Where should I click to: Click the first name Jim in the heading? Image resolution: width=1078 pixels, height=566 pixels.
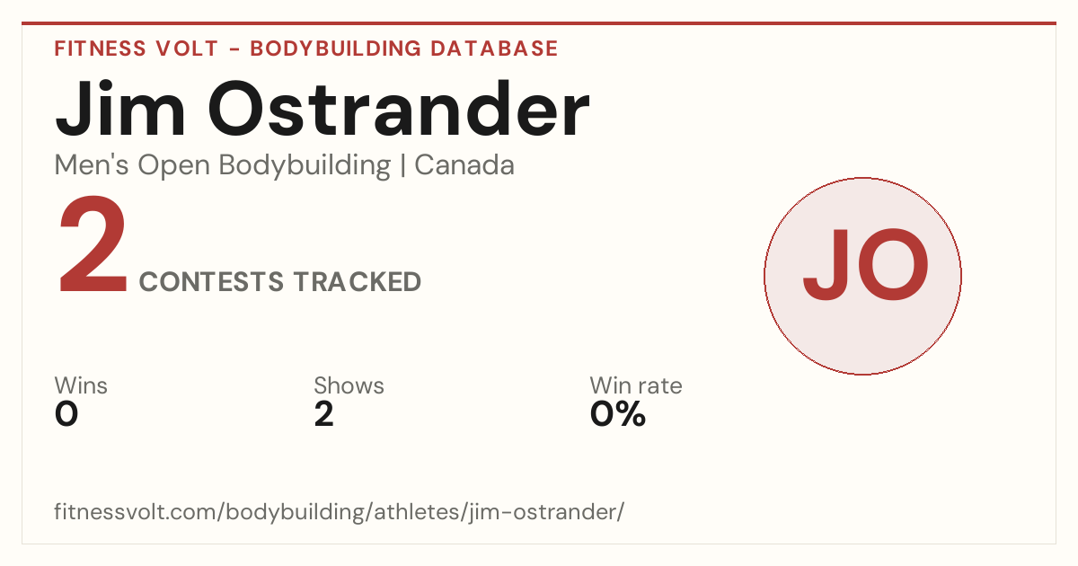pyautogui.click(x=119, y=110)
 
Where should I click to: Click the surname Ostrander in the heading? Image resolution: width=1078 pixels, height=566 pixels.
pyautogui.click(x=399, y=110)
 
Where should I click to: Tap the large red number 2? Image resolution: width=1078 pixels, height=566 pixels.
pyautogui.click(x=93, y=244)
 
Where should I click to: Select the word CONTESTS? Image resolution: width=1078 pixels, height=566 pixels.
pyautogui.click(x=211, y=281)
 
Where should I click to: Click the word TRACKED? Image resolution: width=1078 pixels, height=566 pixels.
pyautogui.click(x=358, y=281)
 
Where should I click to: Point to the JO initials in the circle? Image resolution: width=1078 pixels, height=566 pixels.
pyautogui.click(x=865, y=265)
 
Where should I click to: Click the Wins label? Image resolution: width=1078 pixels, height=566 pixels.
pyautogui.click(x=81, y=385)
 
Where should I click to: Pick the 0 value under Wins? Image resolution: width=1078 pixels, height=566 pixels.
pyautogui.click(x=66, y=414)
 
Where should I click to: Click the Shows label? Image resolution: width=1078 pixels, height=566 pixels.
pyautogui.click(x=349, y=385)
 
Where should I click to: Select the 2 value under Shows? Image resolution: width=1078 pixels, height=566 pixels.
pyautogui.click(x=324, y=414)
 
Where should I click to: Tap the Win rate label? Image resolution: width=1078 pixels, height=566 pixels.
pyautogui.click(x=636, y=385)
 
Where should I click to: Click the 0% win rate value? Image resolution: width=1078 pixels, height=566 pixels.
pyautogui.click(x=618, y=414)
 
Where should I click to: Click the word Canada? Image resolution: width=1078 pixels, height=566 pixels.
pyautogui.click(x=464, y=165)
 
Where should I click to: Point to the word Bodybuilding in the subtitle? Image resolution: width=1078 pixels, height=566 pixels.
pyautogui.click(x=305, y=166)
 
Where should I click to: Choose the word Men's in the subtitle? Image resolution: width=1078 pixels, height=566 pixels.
pyautogui.click(x=92, y=165)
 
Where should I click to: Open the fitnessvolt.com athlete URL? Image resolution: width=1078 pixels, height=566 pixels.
pyautogui.click(x=340, y=511)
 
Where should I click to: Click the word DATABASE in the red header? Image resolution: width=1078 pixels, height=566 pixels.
pyautogui.click(x=494, y=49)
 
